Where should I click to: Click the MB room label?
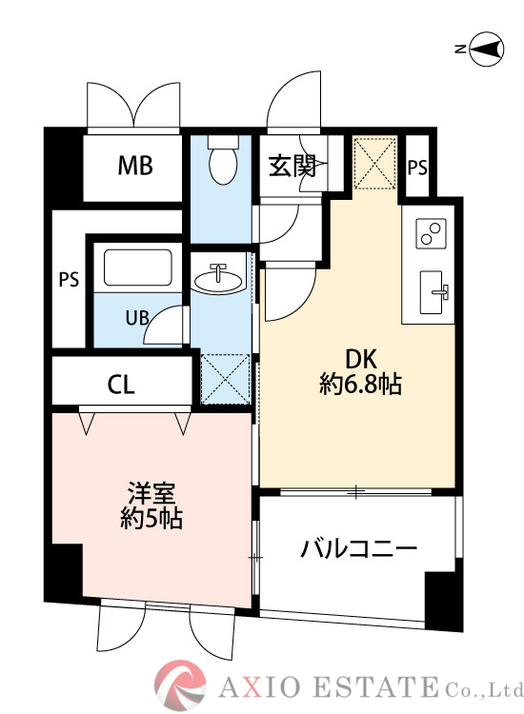[x=134, y=167]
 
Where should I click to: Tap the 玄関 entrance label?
[x=291, y=167]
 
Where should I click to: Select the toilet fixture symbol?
[x=223, y=161]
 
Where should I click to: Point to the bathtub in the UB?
[x=137, y=268]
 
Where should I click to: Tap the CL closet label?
[x=121, y=386]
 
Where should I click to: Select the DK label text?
[x=361, y=359]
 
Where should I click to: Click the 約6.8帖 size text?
[x=360, y=385]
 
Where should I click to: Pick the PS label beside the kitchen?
[x=417, y=167]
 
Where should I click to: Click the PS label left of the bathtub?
[x=69, y=280]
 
